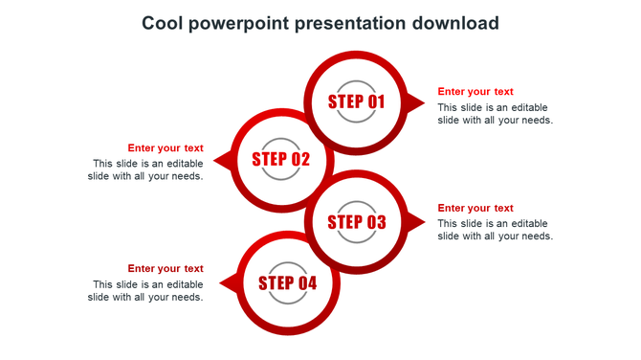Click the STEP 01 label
[x=356, y=101]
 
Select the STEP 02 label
[x=281, y=160]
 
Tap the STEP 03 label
[x=357, y=222]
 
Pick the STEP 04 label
[x=287, y=283]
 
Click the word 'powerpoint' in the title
[x=239, y=23]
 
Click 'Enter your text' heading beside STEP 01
[x=475, y=92]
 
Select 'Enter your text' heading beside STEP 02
[x=166, y=147]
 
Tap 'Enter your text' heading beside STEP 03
[x=475, y=208]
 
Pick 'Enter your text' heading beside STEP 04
[x=166, y=268]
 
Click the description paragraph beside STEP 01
[x=495, y=114]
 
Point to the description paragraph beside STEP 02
[x=145, y=169]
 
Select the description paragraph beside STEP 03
[x=495, y=230]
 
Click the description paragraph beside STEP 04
[x=145, y=290]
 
